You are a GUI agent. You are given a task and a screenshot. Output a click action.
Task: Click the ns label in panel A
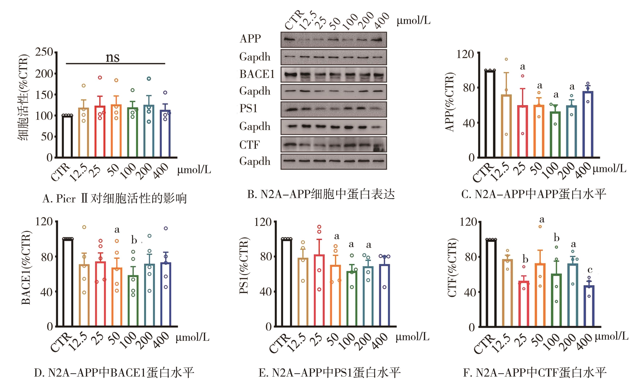coord(113,57)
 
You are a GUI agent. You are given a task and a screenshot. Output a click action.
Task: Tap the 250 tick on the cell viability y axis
coord(44,52)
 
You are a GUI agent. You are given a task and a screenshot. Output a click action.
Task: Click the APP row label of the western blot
coord(250,39)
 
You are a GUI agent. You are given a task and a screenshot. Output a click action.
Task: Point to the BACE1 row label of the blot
coord(257,74)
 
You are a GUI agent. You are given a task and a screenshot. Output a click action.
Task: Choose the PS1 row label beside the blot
coord(248,108)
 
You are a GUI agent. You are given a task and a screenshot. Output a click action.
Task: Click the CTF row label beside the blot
coord(249,145)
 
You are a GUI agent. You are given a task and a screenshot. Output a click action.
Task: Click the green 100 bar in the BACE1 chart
coord(133,301)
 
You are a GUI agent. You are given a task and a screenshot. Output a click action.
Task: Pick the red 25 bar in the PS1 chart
coord(319,290)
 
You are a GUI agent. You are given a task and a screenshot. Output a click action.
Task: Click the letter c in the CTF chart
coord(590,270)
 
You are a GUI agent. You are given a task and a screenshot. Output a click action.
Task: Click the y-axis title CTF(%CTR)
coord(452,268)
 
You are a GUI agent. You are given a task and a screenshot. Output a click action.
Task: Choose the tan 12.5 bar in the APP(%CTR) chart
coord(506,126)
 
